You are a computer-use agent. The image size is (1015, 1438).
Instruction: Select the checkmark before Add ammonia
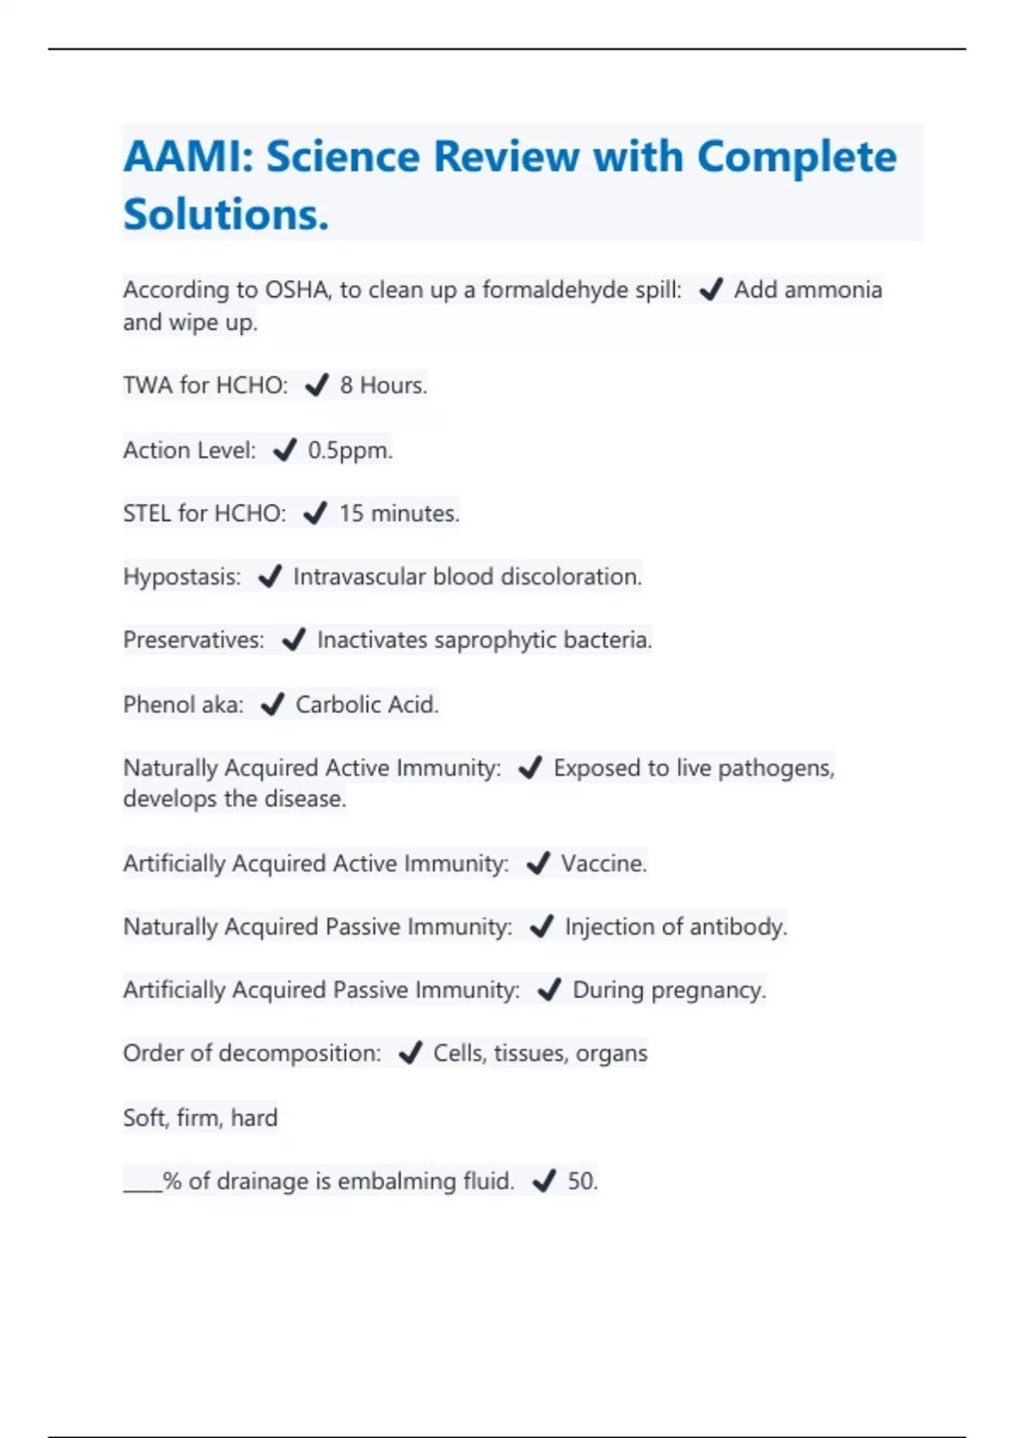pos(710,290)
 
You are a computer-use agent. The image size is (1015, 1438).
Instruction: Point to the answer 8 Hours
pos(382,386)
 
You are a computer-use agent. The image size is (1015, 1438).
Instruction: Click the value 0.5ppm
pos(349,450)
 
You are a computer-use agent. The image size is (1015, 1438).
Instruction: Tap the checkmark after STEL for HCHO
pos(315,513)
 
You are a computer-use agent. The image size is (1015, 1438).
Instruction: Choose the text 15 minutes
pos(398,513)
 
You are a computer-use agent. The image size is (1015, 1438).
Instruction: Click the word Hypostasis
pos(181,577)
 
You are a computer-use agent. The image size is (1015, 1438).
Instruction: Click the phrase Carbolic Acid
pos(366,705)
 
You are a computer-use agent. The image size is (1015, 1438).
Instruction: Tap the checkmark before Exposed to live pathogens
pos(529,768)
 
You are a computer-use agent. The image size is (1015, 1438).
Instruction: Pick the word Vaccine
pos(603,864)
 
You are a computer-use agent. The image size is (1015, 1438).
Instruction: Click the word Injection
pos(610,927)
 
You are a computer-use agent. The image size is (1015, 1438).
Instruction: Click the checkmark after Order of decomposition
pos(410,1054)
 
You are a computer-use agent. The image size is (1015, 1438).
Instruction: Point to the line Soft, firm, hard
pos(200,1118)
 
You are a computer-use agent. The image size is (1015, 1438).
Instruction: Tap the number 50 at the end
pos(581,1181)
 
